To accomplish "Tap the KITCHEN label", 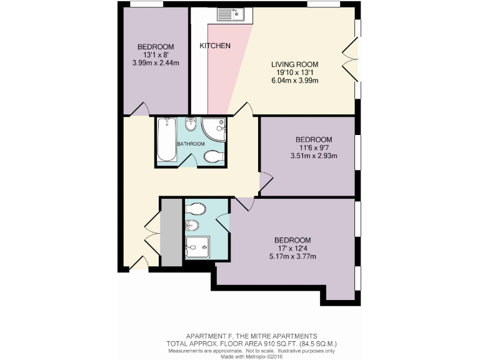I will [x=215, y=46].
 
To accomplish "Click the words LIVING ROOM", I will [x=295, y=64].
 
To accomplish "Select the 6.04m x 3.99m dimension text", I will [x=295, y=81].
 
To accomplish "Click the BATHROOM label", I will [x=191, y=144].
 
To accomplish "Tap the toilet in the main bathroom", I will [x=213, y=156].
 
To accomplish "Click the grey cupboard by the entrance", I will [x=169, y=232].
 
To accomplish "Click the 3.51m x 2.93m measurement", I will [x=314, y=156].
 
